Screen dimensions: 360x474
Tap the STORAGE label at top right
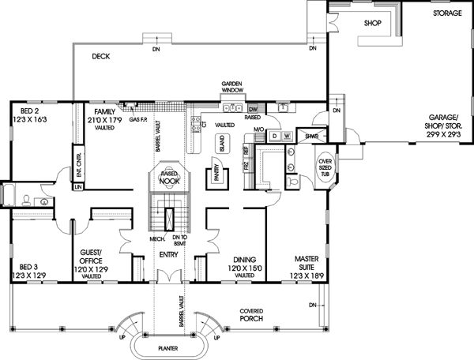tap(447, 14)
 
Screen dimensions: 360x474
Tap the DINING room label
tap(244, 258)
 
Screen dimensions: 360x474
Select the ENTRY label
tap(167, 255)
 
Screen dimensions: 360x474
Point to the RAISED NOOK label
tap(167, 178)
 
